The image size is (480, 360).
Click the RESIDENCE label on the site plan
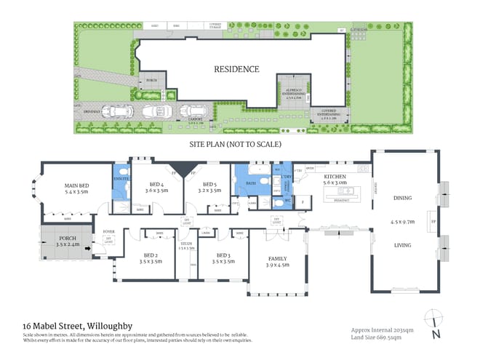(x=236, y=69)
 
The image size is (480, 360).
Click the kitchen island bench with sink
(x=344, y=193)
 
